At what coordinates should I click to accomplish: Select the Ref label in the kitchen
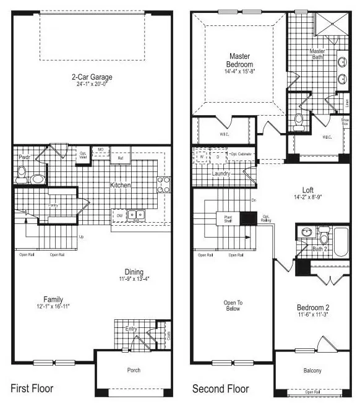[121, 158]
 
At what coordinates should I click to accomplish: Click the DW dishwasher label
[120, 216]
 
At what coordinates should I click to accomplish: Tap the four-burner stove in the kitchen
[165, 184]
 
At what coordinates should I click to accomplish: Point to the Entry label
[131, 329]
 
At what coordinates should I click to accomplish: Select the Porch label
[134, 370]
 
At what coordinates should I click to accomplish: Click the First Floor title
[32, 389]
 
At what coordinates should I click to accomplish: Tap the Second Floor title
[221, 389]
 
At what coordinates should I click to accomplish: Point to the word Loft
[308, 191]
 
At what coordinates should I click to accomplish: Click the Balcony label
[312, 371]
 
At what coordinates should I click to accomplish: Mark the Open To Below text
[232, 305]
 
